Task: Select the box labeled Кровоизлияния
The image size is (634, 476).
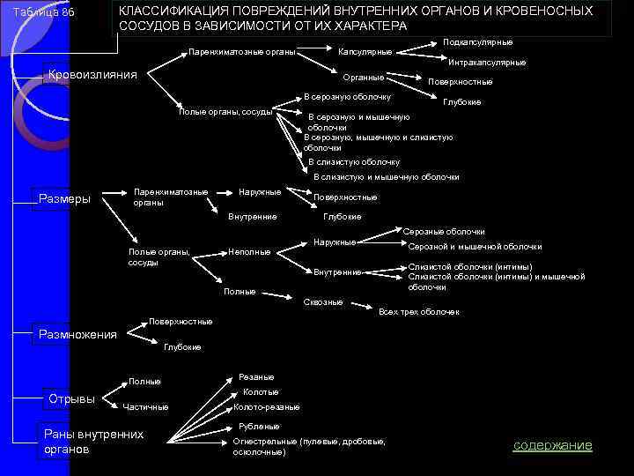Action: [x=92, y=75]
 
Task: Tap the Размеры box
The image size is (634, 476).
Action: [x=65, y=198]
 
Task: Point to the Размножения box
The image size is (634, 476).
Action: [x=77, y=334]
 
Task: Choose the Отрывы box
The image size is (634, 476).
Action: [x=71, y=398]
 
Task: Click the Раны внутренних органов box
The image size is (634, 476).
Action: [x=93, y=442]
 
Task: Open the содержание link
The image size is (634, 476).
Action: [x=553, y=445]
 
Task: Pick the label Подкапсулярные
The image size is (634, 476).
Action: [x=478, y=42]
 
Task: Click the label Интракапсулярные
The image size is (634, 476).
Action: [x=487, y=63]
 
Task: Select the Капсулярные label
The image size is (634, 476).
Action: [x=365, y=51]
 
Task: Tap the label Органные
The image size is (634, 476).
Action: [x=363, y=78]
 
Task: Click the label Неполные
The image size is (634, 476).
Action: [x=249, y=252]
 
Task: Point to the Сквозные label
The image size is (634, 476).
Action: [x=322, y=302]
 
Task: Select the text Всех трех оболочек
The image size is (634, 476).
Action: [x=418, y=312]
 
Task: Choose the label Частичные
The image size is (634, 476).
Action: [x=147, y=406]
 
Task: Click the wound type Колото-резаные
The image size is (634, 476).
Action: [x=266, y=407]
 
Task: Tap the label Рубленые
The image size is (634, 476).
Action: [x=259, y=426]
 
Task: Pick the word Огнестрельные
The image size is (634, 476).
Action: [x=264, y=441]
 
